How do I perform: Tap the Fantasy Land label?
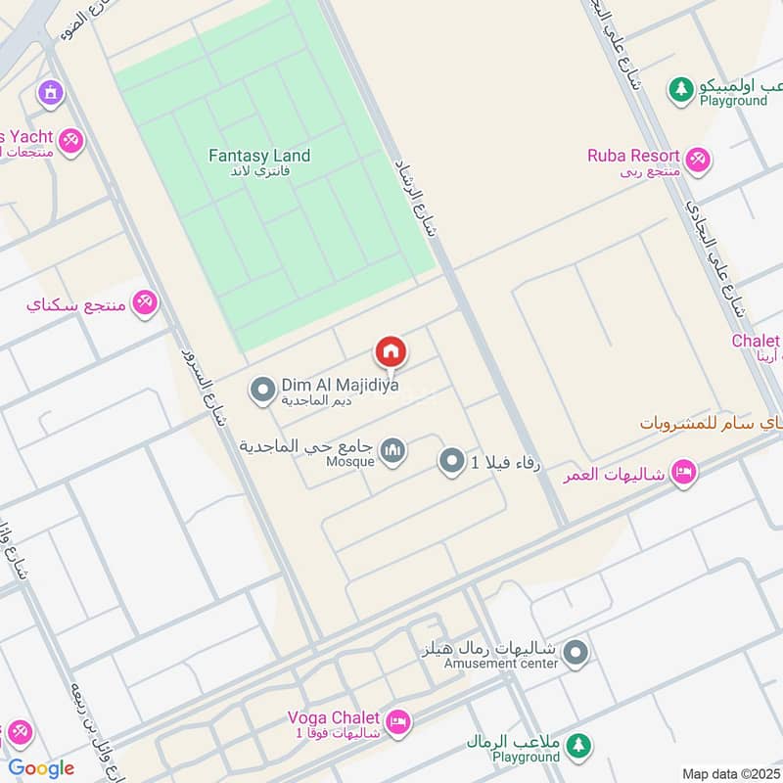[259, 156]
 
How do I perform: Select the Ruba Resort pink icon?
[698, 160]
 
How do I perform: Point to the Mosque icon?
[393, 451]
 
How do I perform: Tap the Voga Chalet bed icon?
[397, 722]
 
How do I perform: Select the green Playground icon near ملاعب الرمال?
[580, 746]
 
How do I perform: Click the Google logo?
[41, 768]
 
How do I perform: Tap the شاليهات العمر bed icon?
[684, 473]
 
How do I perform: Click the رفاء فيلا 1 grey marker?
[451, 461]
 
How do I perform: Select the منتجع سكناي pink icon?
[145, 302]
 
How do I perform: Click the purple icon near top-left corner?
[50, 94]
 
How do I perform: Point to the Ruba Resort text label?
[633, 155]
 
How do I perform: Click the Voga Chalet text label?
[334, 716]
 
